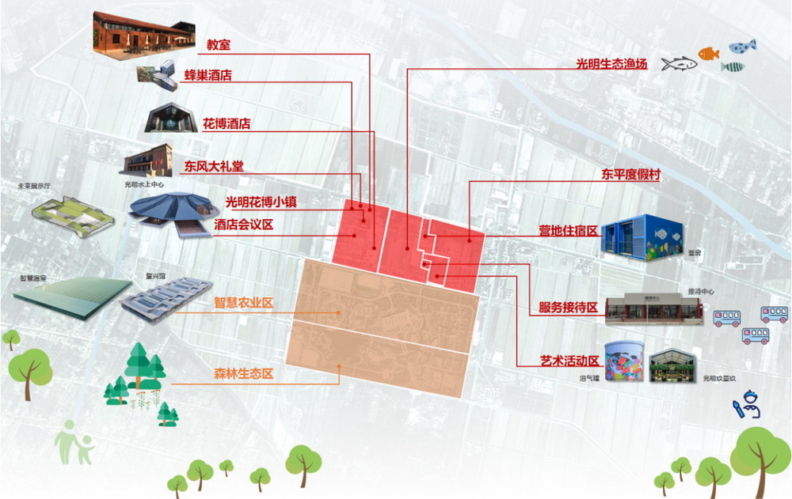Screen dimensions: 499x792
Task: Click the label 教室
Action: coord(218,45)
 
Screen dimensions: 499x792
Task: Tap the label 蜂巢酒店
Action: coord(208,75)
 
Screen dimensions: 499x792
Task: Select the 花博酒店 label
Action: coord(227,123)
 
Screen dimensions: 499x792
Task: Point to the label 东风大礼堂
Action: coord(214,166)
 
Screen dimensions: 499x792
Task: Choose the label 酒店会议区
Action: coord(245,225)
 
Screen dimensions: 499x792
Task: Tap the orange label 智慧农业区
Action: coord(243,302)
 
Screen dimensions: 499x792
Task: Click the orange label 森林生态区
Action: coord(243,373)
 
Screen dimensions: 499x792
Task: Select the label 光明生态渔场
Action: coord(612,64)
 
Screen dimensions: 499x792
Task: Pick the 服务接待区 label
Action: coord(568,307)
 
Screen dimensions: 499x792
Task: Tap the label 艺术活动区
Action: coord(568,361)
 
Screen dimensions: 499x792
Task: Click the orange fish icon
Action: coord(708,53)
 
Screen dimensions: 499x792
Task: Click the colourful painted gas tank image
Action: coord(623,359)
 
